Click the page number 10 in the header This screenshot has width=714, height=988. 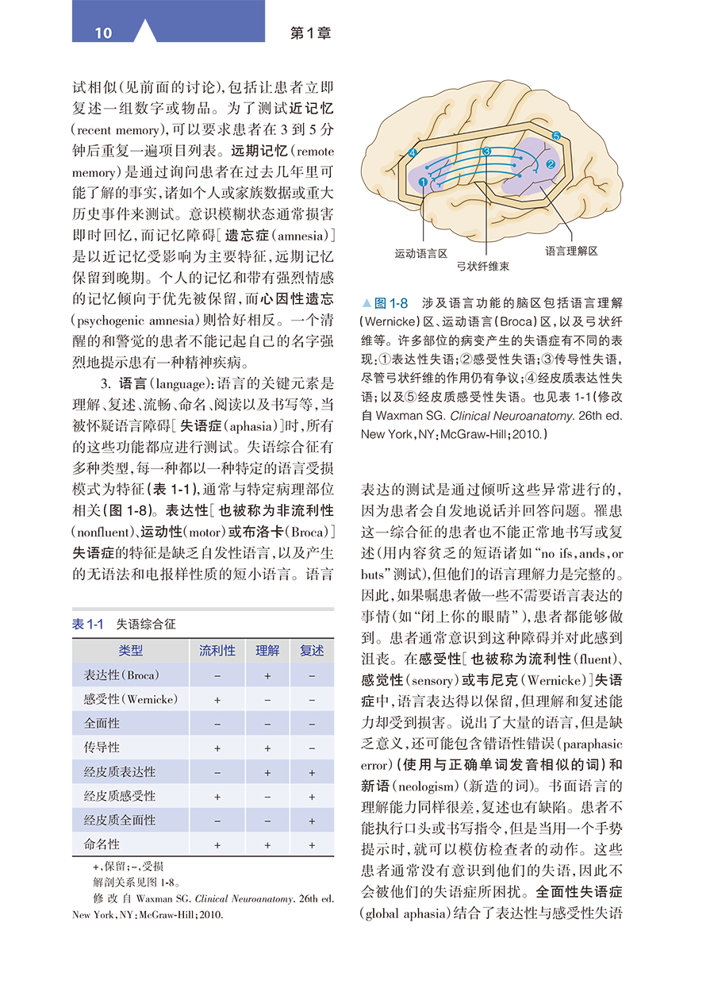[104, 33]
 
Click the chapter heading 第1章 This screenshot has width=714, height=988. [311, 33]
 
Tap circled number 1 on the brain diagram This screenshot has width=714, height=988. [423, 182]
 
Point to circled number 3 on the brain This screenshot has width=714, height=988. [486, 150]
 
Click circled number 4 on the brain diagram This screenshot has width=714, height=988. [413, 152]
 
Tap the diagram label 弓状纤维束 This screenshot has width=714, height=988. [483, 267]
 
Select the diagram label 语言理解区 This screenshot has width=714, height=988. [571, 251]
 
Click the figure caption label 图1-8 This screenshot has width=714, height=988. [390, 303]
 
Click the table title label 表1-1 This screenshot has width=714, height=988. [88, 625]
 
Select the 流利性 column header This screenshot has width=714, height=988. [217, 651]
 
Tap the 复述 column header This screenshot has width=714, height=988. [312, 651]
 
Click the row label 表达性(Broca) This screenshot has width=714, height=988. [121, 675]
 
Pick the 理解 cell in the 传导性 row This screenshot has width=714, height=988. [267, 748]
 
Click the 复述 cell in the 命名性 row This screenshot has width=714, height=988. [312, 845]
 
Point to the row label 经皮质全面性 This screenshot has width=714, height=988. [120, 821]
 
